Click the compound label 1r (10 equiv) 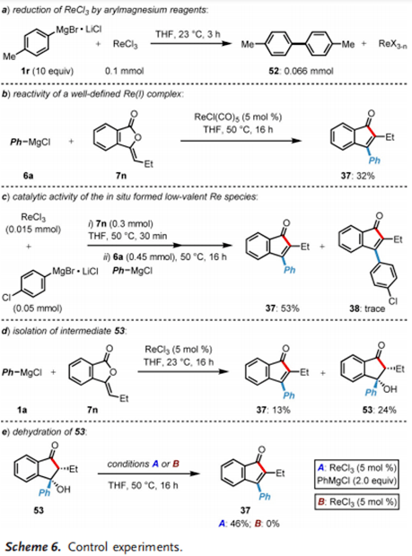pos(48,71)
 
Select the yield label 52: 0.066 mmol pos(301,71)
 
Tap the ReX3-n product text pos(392,44)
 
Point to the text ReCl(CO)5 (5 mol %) pos(238,117)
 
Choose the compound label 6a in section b pos(29,175)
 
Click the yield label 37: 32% pos(358,175)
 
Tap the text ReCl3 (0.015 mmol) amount pos(33,223)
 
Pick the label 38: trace pos(367,308)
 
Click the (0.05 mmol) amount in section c pos(38,308)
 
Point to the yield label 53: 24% pos(379,410)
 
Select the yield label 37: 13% pos(273,410)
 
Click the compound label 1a pos(22,410)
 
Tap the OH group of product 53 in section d pos(390,389)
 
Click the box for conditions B pos(356,502)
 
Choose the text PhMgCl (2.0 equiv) pos(356,482)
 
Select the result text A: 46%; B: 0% pos(249,523)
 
